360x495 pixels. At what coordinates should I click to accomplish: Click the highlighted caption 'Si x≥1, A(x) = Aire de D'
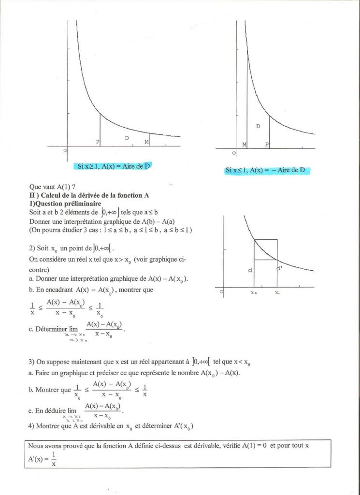click(114, 166)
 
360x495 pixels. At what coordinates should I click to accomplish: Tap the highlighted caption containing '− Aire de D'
click(268, 170)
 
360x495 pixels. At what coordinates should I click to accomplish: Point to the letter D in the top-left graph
click(127, 138)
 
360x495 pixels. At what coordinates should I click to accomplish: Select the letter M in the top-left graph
click(146, 142)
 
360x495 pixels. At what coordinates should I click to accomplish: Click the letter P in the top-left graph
click(98, 142)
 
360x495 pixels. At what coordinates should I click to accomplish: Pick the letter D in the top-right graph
click(258, 126)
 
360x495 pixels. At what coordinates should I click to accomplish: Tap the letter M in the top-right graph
click(244, 145)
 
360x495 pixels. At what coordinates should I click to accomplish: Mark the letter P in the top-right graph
click(267, 145)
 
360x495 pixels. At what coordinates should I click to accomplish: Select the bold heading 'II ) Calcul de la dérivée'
click(89, 195)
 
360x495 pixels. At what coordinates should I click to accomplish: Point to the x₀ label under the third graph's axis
click(253, 293)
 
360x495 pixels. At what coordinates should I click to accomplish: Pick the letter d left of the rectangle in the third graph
click(250, 270)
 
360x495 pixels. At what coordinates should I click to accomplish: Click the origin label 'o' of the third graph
click(221, 291)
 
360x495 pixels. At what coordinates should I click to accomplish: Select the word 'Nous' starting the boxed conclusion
click(36, 446)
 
